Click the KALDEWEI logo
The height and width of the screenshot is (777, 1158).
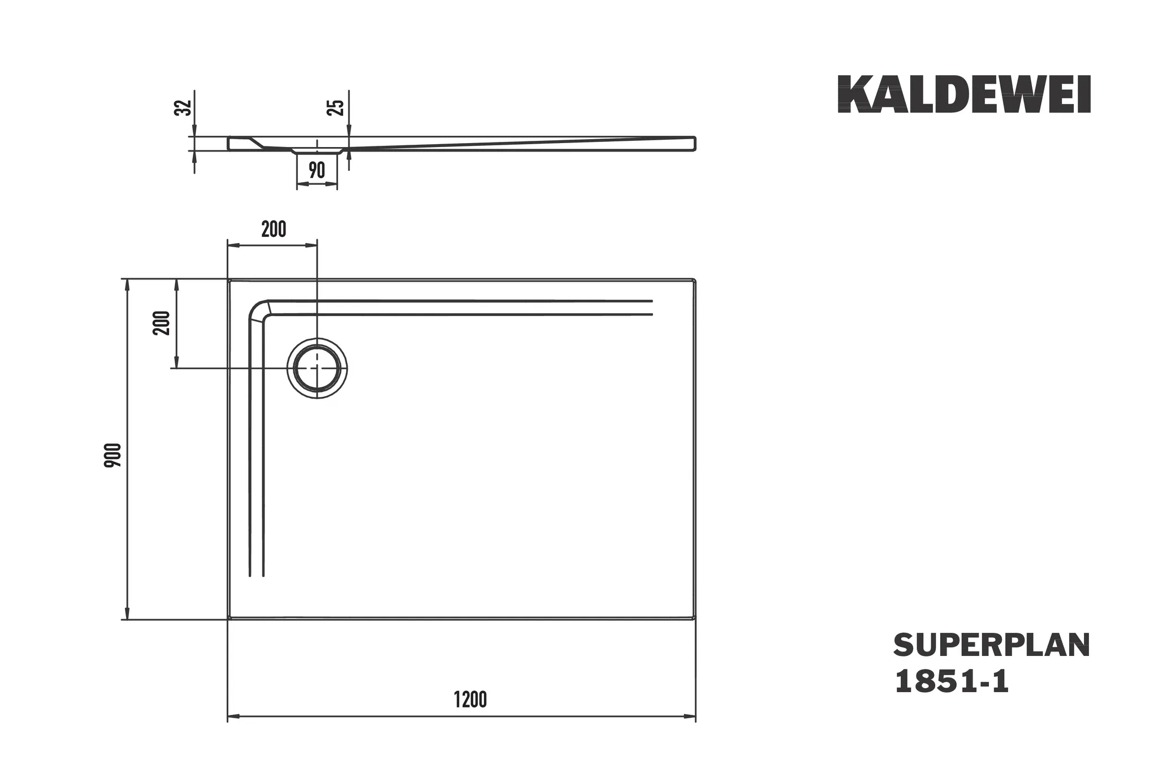point(963,94)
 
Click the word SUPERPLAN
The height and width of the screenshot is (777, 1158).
point(991,645)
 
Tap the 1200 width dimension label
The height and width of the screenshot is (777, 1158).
point(470,700)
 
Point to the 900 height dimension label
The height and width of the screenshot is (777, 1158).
point(113,455)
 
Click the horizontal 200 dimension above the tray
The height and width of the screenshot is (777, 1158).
point(274,229)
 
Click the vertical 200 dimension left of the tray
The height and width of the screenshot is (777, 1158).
point(162,323)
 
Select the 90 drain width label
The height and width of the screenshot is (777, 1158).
point(317,170)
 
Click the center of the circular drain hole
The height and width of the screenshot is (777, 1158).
point(317,369)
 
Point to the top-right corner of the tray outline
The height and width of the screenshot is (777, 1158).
point(695,280)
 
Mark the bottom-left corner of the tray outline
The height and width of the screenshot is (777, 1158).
point(228,619)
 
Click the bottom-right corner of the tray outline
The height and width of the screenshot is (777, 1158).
point(695,619)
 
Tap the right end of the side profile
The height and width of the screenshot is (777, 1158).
point(694,143)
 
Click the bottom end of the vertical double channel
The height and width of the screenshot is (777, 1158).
point(257,575)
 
